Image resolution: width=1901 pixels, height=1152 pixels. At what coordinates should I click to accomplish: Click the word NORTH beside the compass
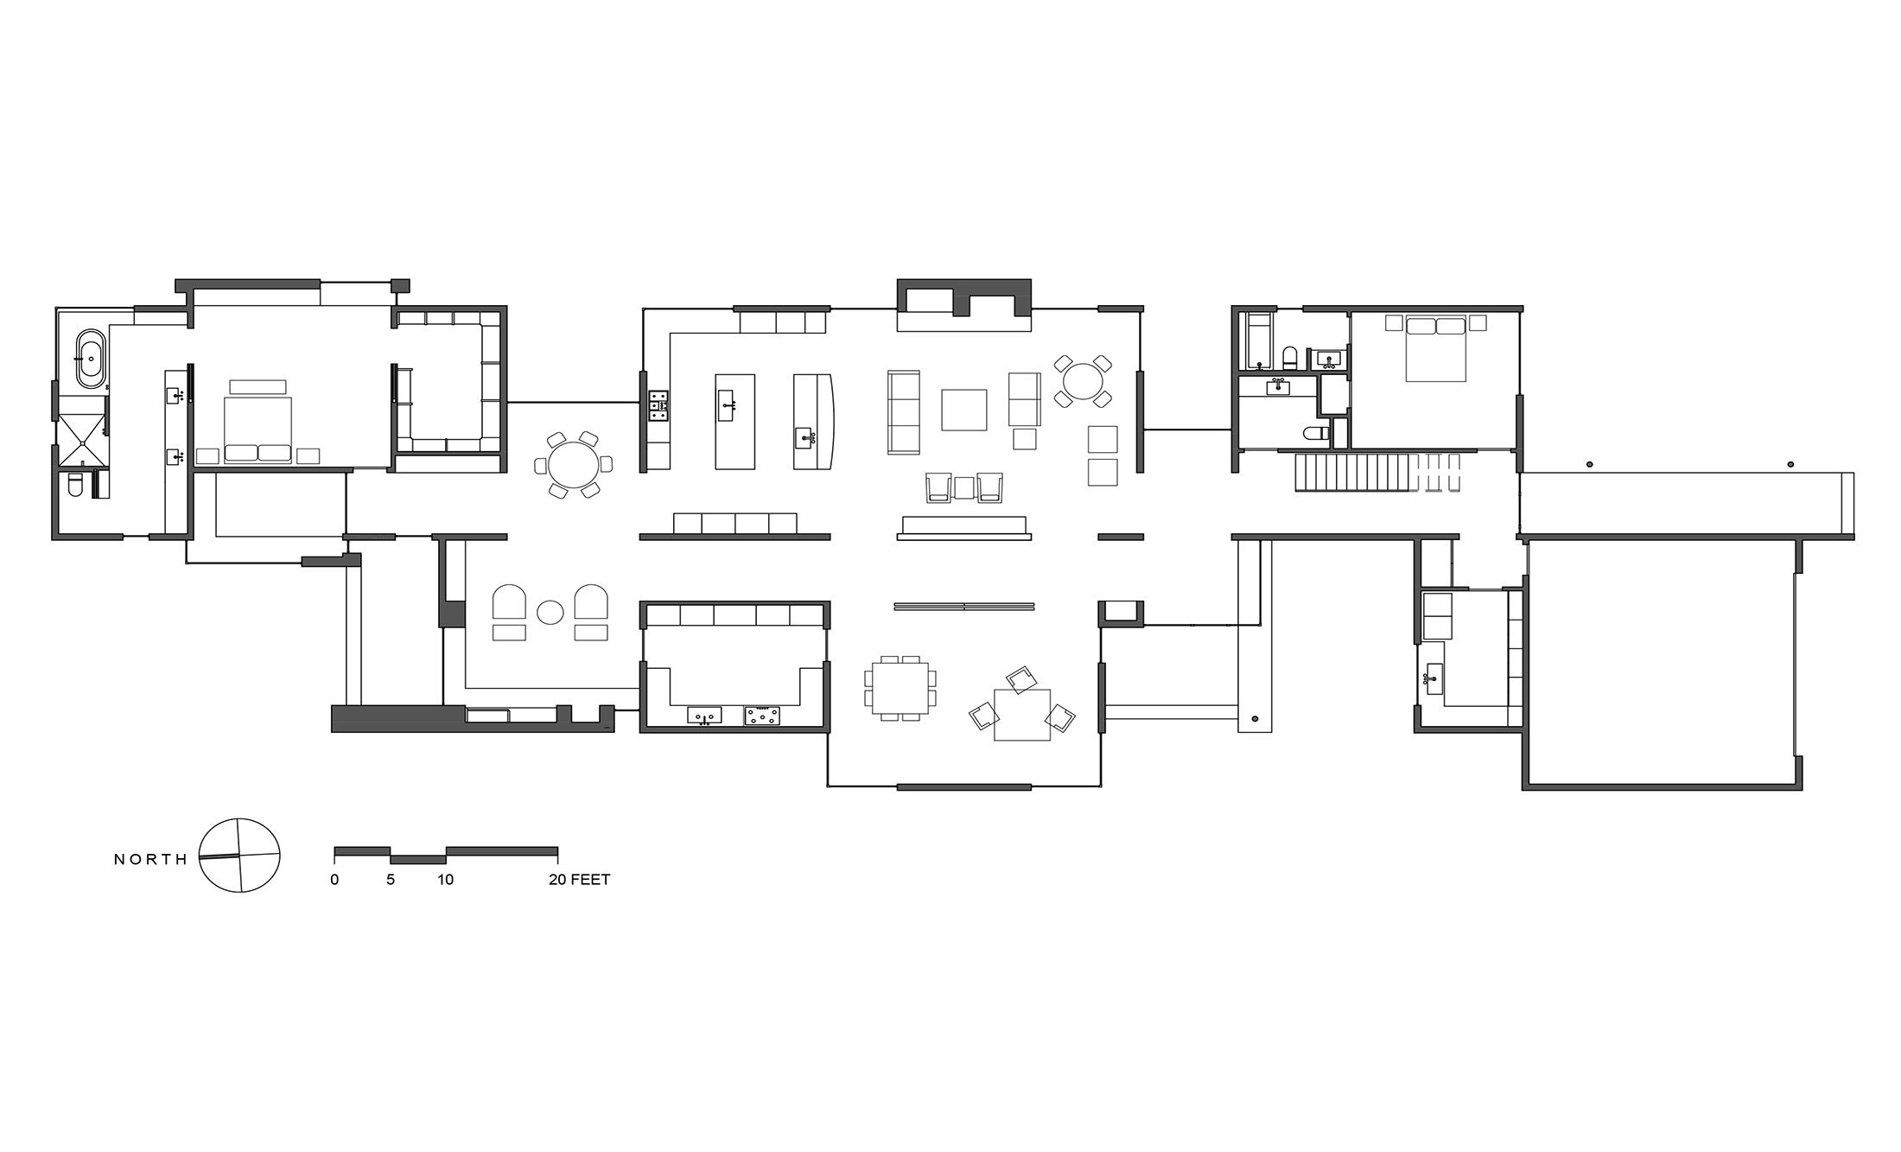pyautogui.click(x=150, y=859)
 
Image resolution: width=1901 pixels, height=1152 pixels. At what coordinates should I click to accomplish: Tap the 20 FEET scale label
pyautogui.click(x=579, y=880)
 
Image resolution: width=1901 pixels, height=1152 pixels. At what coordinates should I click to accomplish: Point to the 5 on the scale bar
pyautogui.click(x=391, y=880)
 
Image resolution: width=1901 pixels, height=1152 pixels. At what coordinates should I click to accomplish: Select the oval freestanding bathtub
pyautogui.click(x=91, y=358)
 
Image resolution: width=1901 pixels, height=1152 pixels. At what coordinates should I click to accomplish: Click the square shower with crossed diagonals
pyautogui.click(x=81, y=441)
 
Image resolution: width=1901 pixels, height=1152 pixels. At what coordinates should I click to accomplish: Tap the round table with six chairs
pyautogui.click(x=574, y=465)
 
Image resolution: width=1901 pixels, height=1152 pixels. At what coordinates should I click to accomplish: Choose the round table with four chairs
pyautogui.click(x=1082, y=380)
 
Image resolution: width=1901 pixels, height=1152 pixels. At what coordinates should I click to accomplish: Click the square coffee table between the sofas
pyautogui.click(x=963, y=410)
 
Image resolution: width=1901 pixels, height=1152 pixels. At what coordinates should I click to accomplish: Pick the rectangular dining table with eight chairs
pyautogui.click(x=900, y=687)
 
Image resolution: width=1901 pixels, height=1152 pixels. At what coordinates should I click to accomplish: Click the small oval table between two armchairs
pyautogui.click(x=550, y=612)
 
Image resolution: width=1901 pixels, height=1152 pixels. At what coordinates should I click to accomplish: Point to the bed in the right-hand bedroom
pyautogui.click(x=1435, y=348)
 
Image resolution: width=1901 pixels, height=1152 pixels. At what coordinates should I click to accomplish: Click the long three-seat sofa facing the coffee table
pyautogui.click(x=903, y=411)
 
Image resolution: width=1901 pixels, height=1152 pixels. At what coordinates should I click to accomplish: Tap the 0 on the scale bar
pyautogui.click(x=334, y=880)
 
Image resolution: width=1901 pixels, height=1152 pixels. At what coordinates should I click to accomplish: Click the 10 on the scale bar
pyautogui.click(x=445, y=880)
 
